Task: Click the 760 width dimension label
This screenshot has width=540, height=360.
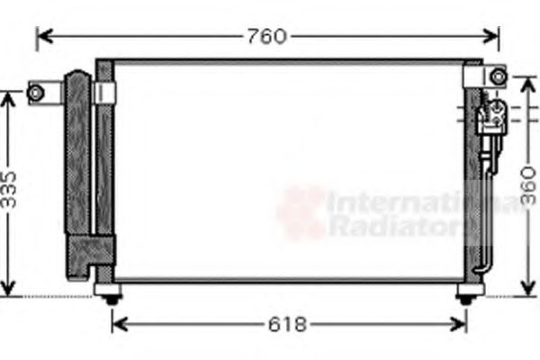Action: tap(266, 37)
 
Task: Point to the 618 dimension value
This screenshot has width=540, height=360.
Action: tap(291, 324)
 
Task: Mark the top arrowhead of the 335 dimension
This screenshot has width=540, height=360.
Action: tap(9, 96)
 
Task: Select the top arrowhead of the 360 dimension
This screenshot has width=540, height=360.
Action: tap(528, 70)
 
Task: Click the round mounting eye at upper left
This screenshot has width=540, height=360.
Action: tap(36, 92)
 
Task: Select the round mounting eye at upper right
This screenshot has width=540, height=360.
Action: tap(498, 77)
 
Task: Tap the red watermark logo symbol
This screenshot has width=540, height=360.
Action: tap(301, 211)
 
